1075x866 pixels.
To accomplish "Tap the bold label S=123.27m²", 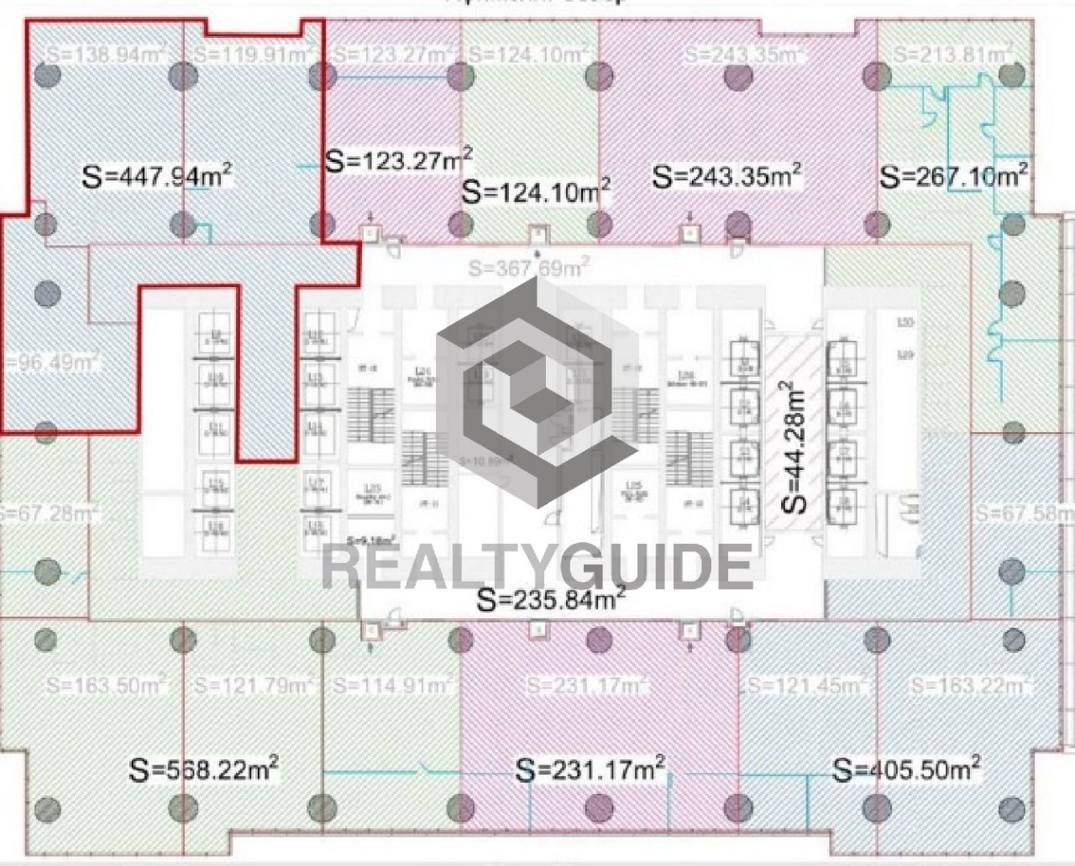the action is tap(398, 159).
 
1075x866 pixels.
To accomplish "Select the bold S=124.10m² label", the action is tap(537, 190).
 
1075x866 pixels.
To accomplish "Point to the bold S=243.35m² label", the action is tap(726, 176).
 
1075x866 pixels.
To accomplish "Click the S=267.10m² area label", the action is tap(954, 176).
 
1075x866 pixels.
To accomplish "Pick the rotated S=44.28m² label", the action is tap(792, 446).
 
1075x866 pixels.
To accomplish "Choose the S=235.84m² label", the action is tap(550, 599).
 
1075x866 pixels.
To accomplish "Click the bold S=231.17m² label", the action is tap(591, 768).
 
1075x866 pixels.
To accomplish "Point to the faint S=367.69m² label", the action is tap(528, 269).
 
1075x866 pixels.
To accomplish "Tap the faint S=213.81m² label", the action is tap(952, 55).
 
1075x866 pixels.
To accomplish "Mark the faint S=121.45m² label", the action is tap(807, 685).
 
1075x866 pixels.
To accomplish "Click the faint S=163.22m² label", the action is tap(971, 685).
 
